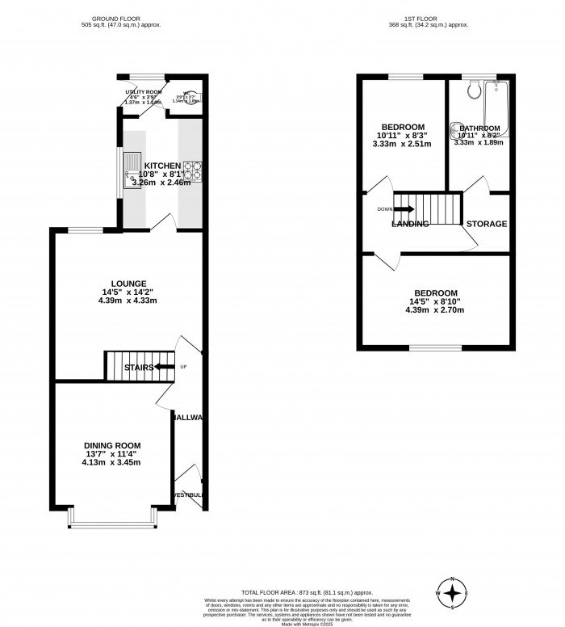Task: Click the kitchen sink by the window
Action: [x=132, y=170]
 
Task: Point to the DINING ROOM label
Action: [x=112, y=445]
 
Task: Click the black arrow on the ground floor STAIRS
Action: [x=165, y=367]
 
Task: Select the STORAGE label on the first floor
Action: [x=487, y=224]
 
